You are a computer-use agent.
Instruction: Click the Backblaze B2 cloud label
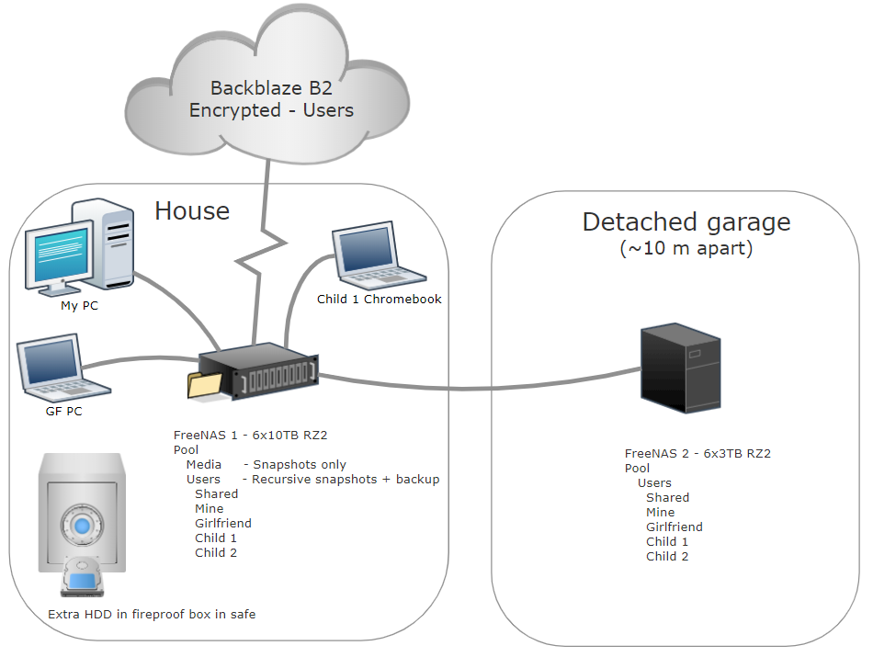[271, 99]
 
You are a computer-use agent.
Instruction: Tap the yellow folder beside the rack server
[205, 384]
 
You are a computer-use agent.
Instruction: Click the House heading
[192, 211]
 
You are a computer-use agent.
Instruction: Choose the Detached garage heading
[686, 221]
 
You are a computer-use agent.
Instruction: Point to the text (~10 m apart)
[686, 248]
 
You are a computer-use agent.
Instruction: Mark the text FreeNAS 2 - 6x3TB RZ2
[697, 453]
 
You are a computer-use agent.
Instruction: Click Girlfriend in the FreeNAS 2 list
[674, 527]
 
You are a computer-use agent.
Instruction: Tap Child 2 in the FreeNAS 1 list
[216, 552]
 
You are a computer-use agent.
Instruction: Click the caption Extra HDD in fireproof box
[152, 614]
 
